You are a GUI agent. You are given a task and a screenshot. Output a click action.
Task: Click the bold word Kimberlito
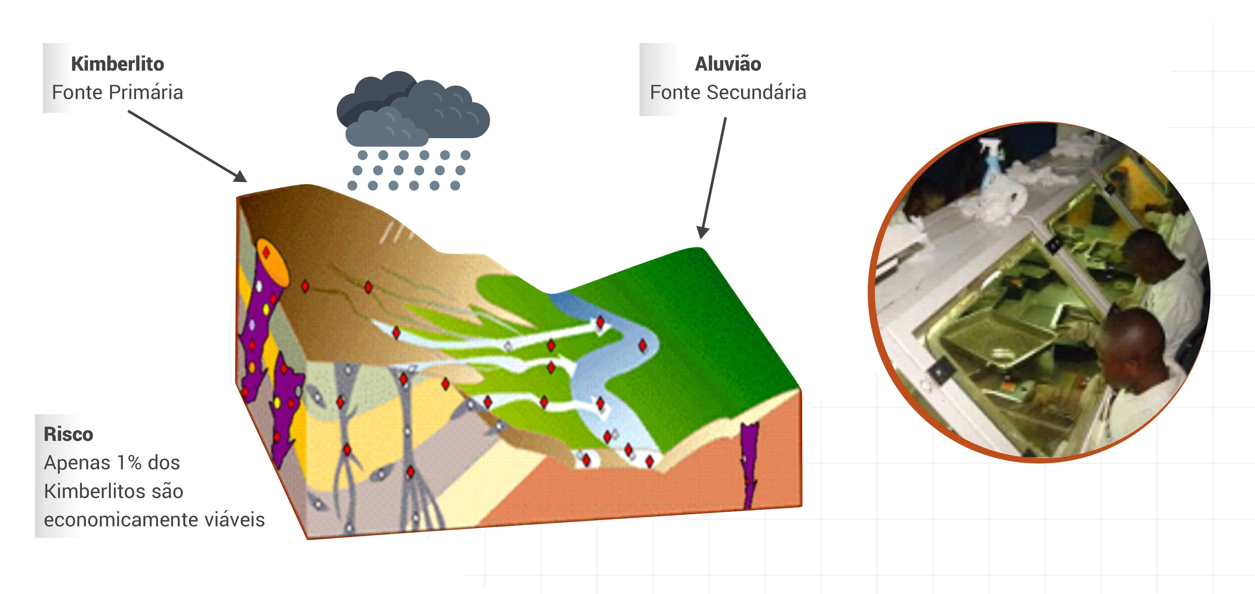pyautogui.click(x=118, y=64)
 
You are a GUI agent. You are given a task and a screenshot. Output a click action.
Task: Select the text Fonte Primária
pyautogui.click(x=118, y=92)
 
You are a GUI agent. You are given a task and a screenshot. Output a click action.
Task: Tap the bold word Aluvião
pyautogui.click(x=728, y=64)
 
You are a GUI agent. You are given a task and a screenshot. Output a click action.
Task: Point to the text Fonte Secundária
pyautogui.click(x=728, y=92)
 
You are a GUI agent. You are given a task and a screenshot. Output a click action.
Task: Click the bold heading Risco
pyautogui.click(x=68, y=434)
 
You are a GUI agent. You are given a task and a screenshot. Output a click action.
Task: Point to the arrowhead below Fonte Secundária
pyautogui.click(x=702, y=233)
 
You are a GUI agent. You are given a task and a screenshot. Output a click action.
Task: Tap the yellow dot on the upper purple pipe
pyautogui.click(x=266, y=309)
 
